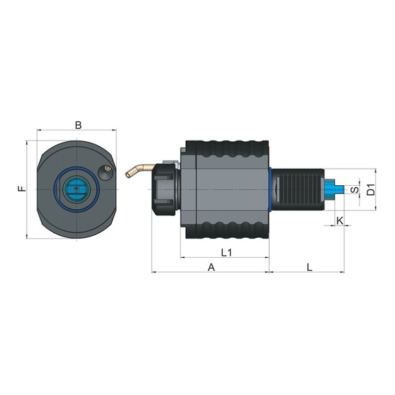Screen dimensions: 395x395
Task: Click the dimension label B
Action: [78, 125]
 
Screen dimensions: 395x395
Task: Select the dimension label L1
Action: [226, 252]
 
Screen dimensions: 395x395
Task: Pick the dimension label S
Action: [354, 189]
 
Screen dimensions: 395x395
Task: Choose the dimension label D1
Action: [371, 189]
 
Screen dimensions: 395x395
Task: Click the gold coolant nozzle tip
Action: [129, 173]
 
